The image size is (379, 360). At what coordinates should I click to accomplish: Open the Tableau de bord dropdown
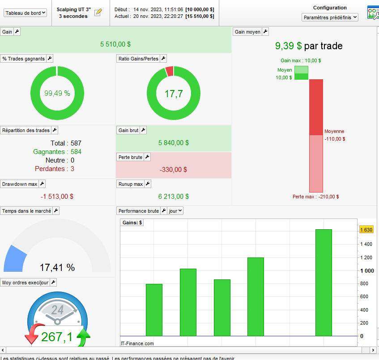pos(25,13)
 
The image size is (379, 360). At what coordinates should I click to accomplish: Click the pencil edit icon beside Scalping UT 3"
pos(98,13)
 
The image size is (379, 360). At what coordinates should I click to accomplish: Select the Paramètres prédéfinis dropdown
pos(330,17)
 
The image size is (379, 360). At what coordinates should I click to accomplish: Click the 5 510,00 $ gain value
pos(115,44)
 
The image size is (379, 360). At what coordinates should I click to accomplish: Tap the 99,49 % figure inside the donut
pos(57,93)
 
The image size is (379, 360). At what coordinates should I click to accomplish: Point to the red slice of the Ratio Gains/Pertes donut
pos(169,71)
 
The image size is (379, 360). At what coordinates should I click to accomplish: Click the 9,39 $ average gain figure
pos(288,46)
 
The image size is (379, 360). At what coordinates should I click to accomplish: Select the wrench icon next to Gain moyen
pos(265,32)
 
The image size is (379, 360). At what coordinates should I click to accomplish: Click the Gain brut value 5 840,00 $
pos(174,143)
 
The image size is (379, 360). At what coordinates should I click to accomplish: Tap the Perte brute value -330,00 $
pos(174,170)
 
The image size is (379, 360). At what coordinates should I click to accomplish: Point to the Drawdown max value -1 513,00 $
pos(57,196)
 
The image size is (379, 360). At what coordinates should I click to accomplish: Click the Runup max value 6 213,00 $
pos(174,196)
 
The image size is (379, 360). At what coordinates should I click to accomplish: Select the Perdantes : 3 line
pos(55,169)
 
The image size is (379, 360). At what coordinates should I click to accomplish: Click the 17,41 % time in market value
pos(57,267)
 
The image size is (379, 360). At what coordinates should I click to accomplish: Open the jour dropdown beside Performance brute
pos(175,211)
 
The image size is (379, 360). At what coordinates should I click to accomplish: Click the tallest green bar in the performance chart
pos(324,282)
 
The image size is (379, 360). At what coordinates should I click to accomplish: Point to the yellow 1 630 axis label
pos(366,230)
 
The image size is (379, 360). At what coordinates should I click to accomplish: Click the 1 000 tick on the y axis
pos(367,270)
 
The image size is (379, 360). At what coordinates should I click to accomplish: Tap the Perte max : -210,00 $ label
pos(315,197)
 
